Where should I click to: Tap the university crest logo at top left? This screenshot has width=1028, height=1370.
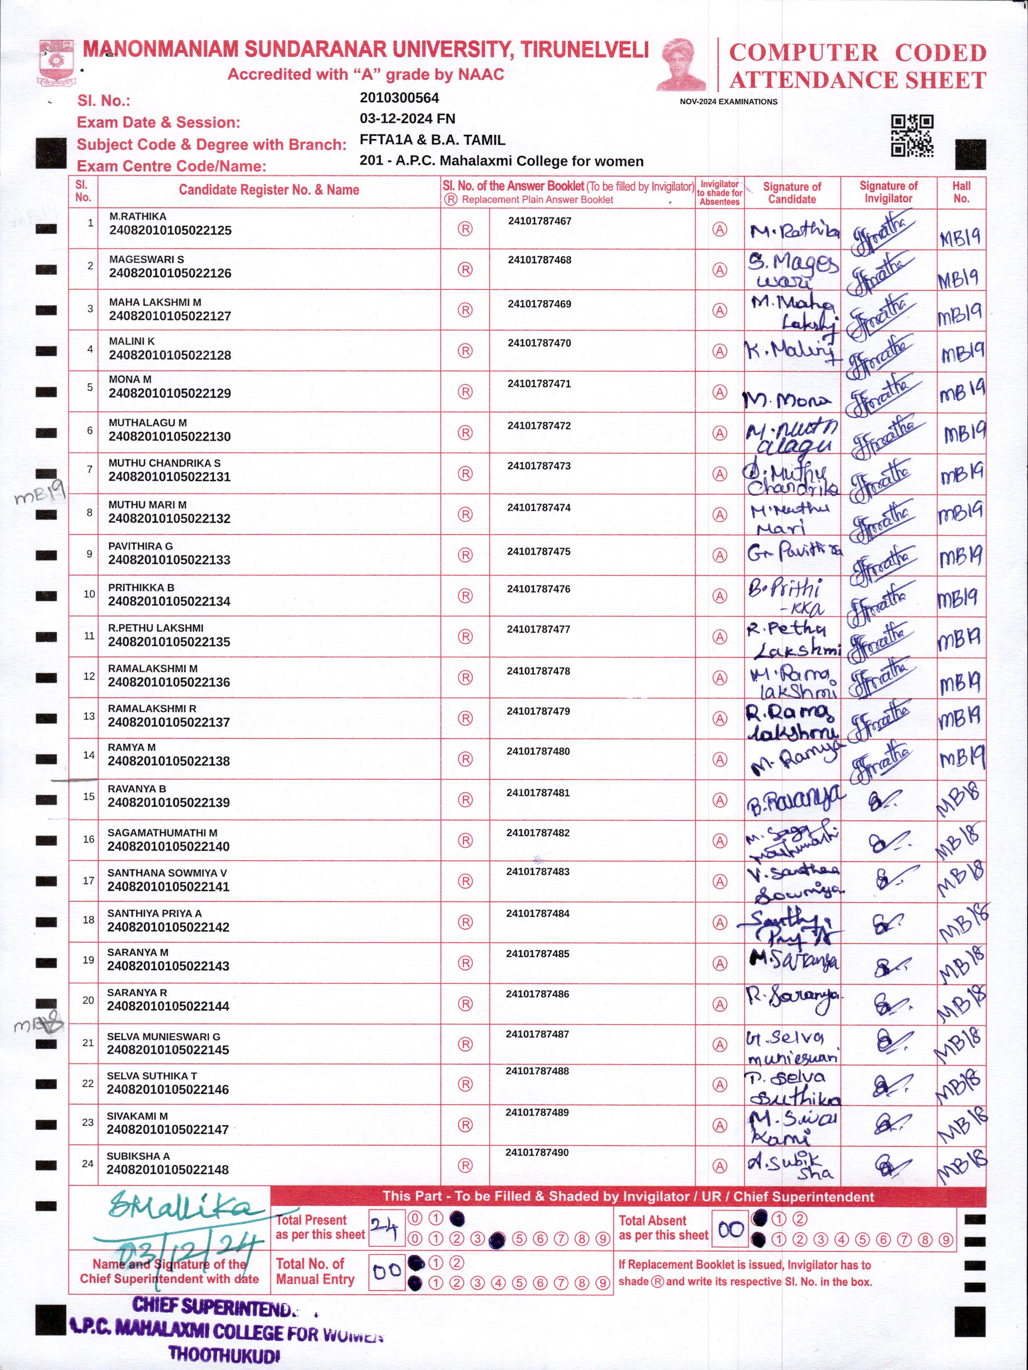pos(56,63)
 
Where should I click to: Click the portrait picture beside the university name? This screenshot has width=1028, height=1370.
pos(681,64)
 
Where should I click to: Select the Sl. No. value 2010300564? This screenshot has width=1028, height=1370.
pos(399,98)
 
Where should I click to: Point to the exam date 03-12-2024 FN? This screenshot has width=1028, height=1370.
pos(407,118)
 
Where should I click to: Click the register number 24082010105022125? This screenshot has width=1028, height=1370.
pos(170,230)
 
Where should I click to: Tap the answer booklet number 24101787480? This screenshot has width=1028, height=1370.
pos(538,751)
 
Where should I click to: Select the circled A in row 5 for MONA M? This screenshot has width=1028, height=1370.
pos(719,392)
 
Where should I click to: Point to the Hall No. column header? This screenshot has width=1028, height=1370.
pos(961,192)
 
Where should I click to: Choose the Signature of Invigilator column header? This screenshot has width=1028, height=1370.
pos(888,192)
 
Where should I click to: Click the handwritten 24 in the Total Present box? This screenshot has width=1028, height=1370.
pos(384,1227)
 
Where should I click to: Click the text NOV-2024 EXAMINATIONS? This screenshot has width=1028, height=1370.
pos(728,102)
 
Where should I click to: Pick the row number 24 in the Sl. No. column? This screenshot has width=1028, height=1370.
pos(88,1164)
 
